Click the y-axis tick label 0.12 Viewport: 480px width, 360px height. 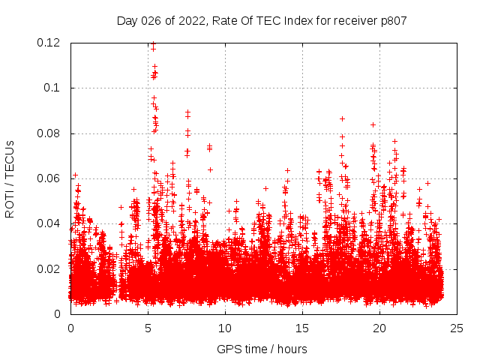click(49, 43)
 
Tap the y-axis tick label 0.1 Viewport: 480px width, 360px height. click(54, 88)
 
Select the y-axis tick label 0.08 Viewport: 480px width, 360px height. click(49, 133)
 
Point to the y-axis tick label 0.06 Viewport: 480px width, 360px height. click(49, 178)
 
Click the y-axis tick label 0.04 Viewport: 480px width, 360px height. click(49, 223)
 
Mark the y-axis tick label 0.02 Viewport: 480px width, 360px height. click(49, 268)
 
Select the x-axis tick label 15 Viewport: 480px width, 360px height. click(302, 328)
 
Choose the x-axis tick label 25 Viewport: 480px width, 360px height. click(457, 328)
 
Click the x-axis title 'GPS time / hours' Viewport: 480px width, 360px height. click(262, 349)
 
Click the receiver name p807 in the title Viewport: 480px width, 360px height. click(392, 20)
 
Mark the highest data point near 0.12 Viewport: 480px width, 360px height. click(153, 43)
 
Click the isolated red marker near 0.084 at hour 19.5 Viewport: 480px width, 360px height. click(373, 124)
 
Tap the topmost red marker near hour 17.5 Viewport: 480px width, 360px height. click(342, 118)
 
